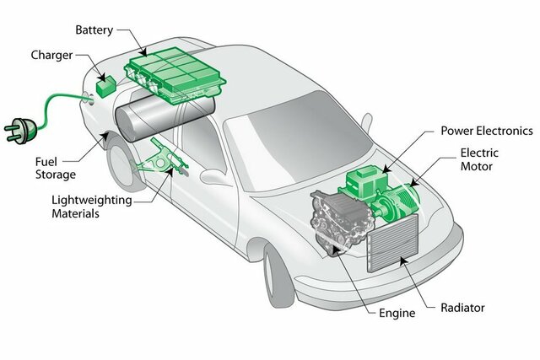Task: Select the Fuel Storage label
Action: tap(56, 167)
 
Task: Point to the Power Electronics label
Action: tap(487, 131)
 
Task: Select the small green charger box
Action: tap(108, 86)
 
